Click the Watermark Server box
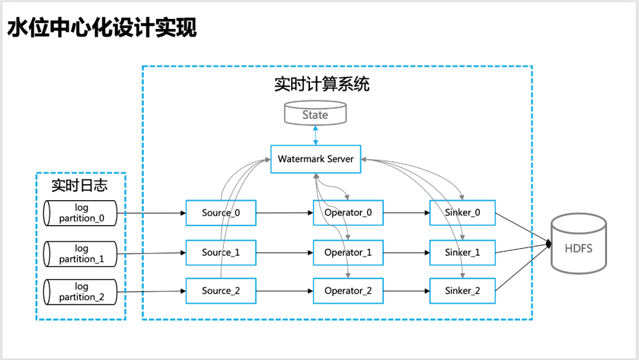point(316,159)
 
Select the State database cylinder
point(315,113)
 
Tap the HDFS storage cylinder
point(579,243)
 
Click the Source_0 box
point(221,213)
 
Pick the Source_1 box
point(221,253)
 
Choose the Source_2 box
point(221,291)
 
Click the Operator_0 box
point(348,213)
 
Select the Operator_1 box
point(348,253)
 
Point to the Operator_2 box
point(348,291)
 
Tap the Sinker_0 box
point(463,213)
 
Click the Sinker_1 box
point(463,253)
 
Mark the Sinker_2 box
point(463,291)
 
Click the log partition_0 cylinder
point(80,213)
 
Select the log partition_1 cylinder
point(80,253)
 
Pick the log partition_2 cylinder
point(80,292)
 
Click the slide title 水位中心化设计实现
point(102,28)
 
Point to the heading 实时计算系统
point(322,84)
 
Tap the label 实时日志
point(79,185)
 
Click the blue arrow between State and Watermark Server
point(315,136)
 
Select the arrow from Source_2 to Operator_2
point(285,291)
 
